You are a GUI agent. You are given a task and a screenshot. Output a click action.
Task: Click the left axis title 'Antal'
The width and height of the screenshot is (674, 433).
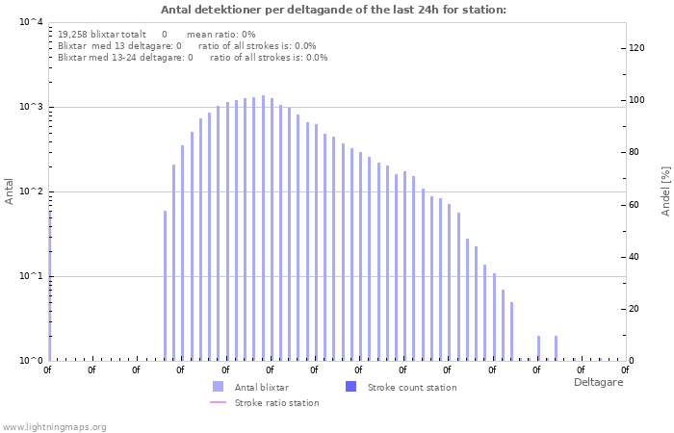10,191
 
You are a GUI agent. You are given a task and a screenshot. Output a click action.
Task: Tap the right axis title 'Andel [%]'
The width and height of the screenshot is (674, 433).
665,191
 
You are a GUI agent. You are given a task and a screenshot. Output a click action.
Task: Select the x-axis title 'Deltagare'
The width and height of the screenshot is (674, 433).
598,382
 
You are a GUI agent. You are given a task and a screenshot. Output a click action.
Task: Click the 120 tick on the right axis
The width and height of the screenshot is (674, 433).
636,48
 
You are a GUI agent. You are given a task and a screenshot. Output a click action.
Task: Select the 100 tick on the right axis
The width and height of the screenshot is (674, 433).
636,100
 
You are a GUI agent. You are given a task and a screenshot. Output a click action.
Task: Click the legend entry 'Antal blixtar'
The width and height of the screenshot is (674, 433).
261,387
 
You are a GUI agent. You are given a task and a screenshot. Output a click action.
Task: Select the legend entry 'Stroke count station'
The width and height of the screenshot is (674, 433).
412,387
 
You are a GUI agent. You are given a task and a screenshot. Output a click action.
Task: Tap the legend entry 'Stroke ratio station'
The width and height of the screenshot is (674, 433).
276,402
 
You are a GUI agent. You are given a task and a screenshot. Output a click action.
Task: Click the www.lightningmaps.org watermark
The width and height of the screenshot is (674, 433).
54,426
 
